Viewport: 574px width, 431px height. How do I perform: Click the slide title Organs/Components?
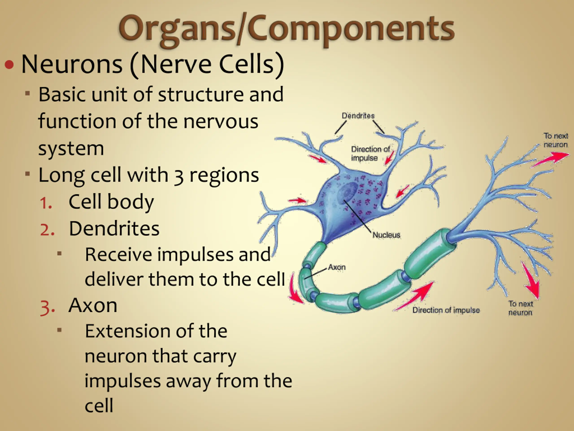286,29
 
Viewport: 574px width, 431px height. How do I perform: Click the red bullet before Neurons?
9,64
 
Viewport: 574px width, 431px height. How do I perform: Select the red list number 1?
46,203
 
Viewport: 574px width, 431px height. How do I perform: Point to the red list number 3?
48,307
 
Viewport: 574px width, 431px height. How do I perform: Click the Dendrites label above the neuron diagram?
358,116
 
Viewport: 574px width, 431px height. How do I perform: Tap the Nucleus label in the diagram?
386,235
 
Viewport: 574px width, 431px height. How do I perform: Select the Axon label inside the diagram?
337,267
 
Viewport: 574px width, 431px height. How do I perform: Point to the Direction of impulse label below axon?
446,310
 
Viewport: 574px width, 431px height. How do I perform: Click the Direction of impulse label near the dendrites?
370,153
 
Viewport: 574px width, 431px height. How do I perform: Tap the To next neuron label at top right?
556,140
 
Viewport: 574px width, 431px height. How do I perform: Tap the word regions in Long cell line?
224,176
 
